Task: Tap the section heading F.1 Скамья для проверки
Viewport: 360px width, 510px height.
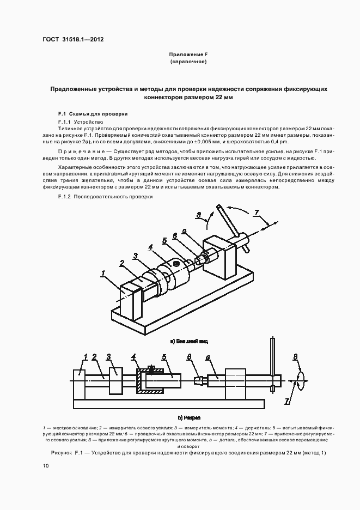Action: click(x=92, y=114)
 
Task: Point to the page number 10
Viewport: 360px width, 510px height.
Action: click(x=45, y=466)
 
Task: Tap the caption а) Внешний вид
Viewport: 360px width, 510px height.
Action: click(x=190, y=342)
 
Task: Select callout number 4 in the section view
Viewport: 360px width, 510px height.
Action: click(x=134, y=357)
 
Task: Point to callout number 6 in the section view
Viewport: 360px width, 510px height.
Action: click(x=189, y=357)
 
